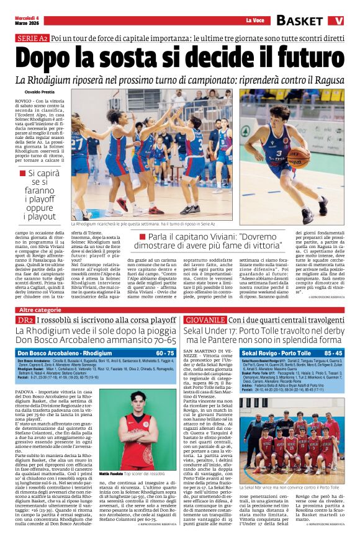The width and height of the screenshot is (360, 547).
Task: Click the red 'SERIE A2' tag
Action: (x=32, y=38)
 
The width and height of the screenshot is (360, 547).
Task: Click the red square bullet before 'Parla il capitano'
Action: (x=160, y=237)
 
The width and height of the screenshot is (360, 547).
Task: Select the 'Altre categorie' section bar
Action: (x=40, y=309)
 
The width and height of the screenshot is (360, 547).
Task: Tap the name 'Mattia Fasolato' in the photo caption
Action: (x=110, y=473)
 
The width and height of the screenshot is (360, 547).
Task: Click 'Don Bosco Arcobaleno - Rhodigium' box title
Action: (x=56, y=353)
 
